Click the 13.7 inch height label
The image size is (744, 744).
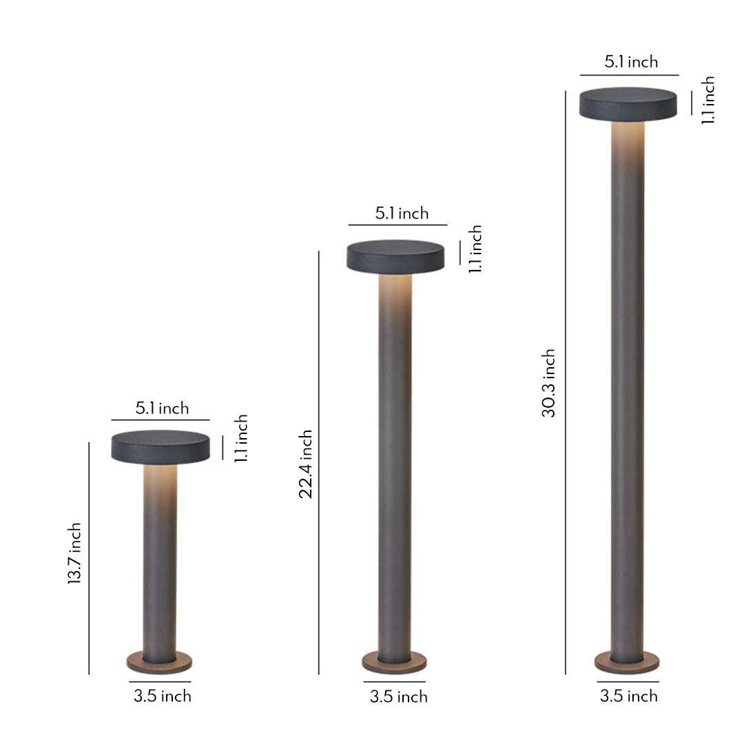click(x=74, y=554)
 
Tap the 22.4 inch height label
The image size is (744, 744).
click(x=306, y=464)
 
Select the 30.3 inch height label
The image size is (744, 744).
click(x=548, y=383)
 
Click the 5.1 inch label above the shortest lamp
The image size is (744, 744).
click(x=162, y=409)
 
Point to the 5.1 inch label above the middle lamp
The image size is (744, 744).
click(x=402, y=214)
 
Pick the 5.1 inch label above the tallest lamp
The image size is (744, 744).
click(x=631, y=62)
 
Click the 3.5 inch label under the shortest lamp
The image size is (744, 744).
click(x=163, y=696)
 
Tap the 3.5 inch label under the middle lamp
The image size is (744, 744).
click(x=399, y=696)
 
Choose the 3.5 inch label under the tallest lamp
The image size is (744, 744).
click(x=629, y=696)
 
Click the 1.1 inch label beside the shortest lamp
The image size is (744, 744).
click(x=240, y=439)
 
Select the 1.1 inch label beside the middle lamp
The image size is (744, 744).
click(x=475, y=249)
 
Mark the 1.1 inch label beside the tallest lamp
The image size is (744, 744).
click(x=708, y=101)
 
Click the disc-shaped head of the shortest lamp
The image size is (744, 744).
click(x=161, y=446)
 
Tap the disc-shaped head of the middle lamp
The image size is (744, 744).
click(x=395, y=256)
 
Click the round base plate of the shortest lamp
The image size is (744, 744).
click(x=160, y=663)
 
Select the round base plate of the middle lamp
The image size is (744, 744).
click(x=394, y=663)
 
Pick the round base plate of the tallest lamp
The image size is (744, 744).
click(x=627, y=663)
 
